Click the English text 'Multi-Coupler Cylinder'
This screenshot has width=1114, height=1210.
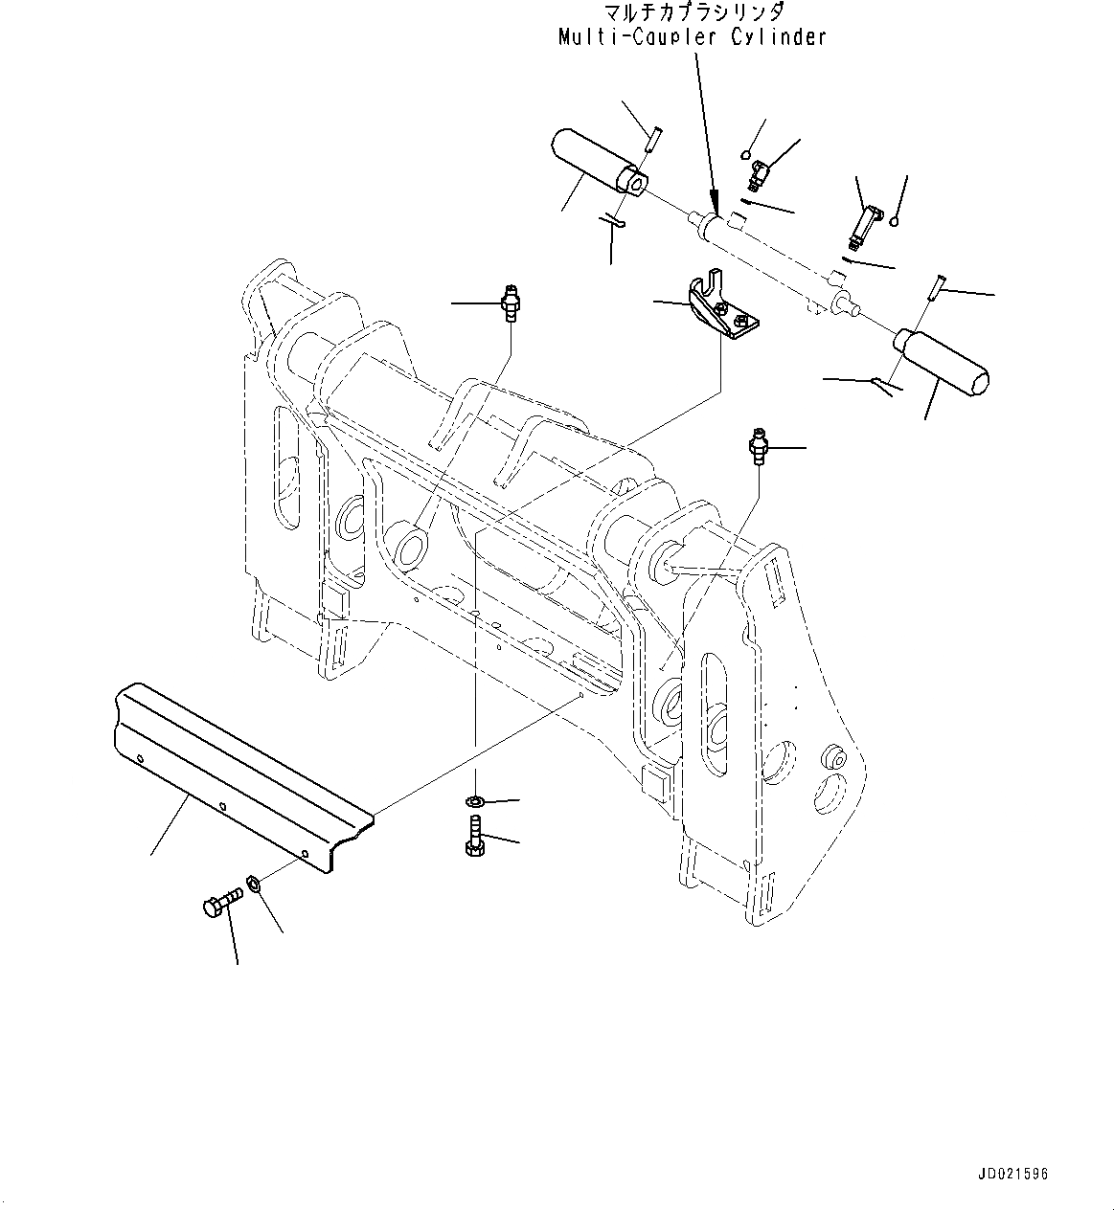tap(692, 37)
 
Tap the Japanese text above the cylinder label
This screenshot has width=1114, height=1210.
tap(694, 12)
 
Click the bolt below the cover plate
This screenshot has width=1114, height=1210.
tap(219, 905)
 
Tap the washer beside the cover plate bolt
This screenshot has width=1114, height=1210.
tap(255, 882)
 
